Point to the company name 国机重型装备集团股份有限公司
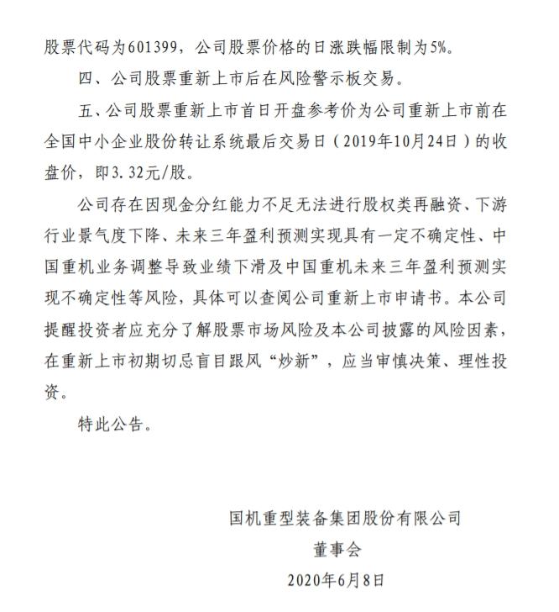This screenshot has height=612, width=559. [x=345, y=518]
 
